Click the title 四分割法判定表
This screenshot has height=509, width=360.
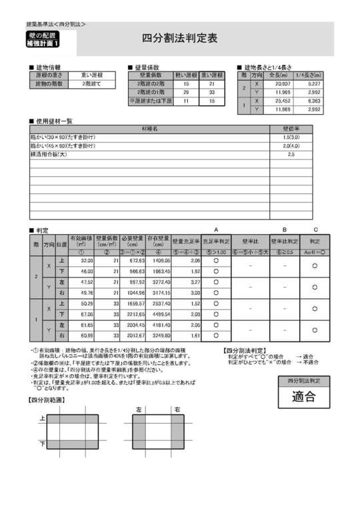coord(179,39)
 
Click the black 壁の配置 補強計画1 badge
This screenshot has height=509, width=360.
coord(43,39)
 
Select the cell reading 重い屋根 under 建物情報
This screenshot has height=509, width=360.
coord(91,75)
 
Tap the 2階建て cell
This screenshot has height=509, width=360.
coord(91,84)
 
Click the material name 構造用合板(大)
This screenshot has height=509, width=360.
coord(49,154)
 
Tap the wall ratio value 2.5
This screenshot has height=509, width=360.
coord(290,154)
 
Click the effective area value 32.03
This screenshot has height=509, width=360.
coord(85,261)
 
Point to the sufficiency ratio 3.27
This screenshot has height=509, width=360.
coord(194,282)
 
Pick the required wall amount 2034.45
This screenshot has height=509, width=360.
coord(133,325)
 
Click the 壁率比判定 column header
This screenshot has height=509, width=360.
coord(284,240)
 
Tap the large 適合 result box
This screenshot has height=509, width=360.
coord(303,397)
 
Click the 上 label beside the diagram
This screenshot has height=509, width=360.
coord(42,418)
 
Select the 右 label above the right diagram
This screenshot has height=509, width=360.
coord(177,410)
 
